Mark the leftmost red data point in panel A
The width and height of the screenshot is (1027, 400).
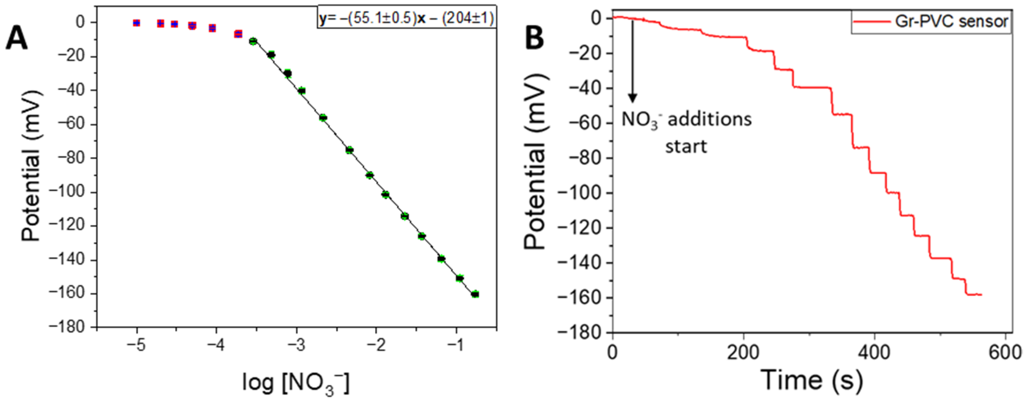pos(136,23)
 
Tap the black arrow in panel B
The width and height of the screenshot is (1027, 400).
pos(632,60)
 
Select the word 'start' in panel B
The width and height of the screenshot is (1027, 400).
pos(686,146)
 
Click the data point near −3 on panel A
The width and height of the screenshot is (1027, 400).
pos(302,91)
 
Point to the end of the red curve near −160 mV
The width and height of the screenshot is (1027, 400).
pos(981,295)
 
